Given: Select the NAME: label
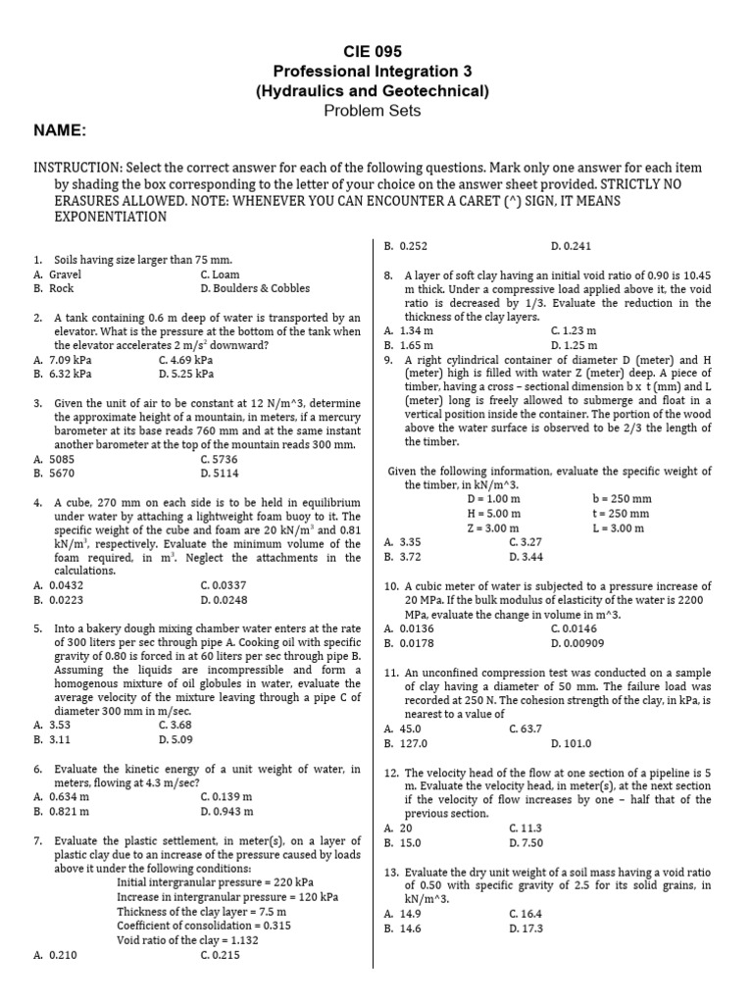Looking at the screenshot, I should [x=61, y=131].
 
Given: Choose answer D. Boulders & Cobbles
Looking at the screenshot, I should [x=254, y=288].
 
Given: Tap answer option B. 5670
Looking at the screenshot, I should [x=54, y=473].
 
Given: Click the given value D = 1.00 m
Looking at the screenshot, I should [x=493, y=498].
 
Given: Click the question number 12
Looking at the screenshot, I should [x=390, y=773].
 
